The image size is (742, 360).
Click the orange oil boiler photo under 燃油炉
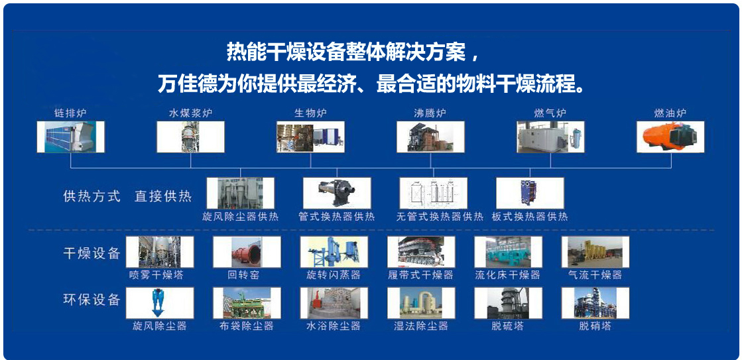670,137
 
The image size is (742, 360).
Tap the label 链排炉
70,113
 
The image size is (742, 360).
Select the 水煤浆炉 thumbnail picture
191,137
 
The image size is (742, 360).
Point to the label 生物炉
310,113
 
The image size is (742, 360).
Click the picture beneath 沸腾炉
430,137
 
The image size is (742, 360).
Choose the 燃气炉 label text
550,113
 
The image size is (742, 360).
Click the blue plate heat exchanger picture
530,193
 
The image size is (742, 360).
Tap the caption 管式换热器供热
337,217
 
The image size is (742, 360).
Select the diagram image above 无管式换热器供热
434,193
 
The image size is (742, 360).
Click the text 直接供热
163,196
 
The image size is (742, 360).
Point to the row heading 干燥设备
92,253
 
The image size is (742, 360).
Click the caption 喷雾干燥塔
156,275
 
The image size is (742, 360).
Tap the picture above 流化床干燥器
508,252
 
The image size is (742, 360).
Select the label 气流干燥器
595,275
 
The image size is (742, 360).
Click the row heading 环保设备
92,300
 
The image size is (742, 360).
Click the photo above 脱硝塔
595,303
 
